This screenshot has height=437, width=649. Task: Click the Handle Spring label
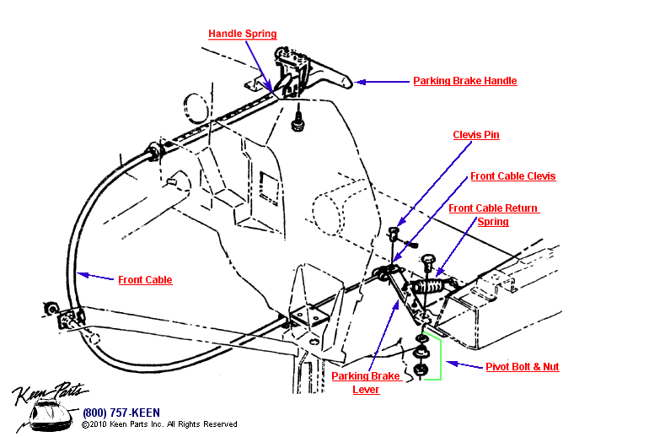[243, 34]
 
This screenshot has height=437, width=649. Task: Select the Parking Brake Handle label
[464, 81]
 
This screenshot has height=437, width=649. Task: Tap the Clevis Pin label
[476, 134]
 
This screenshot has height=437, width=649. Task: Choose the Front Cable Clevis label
[512, 176]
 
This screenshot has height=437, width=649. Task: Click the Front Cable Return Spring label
[493, 215]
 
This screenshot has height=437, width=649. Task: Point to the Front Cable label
[145, 280]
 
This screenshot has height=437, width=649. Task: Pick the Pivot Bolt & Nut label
[523, 367]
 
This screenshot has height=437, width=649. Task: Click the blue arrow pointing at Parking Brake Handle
[380, 82]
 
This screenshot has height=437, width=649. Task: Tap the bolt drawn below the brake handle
[297, 124]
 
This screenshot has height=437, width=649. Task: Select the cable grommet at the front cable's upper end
[154, 153]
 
